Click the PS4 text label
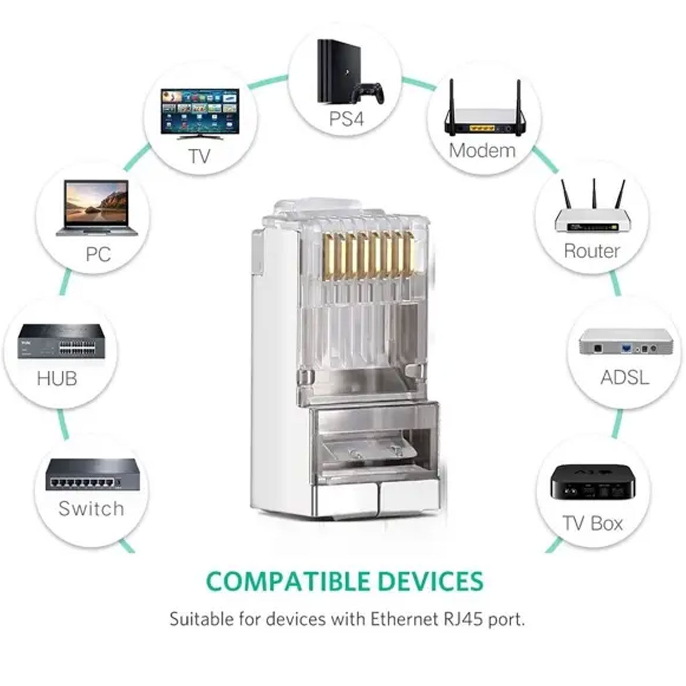click(346, 119)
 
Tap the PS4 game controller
click(368, 93)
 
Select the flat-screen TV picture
click(199, 114)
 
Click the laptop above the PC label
click(97, 208)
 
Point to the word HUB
click(57, 378)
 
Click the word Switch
click(91, 508)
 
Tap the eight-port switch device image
click(92, 474)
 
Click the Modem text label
click(482, 150)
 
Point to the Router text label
click(592, 251)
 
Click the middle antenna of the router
click(594, 194)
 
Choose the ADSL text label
click(624, 378)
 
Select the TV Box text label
click(593, 523)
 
